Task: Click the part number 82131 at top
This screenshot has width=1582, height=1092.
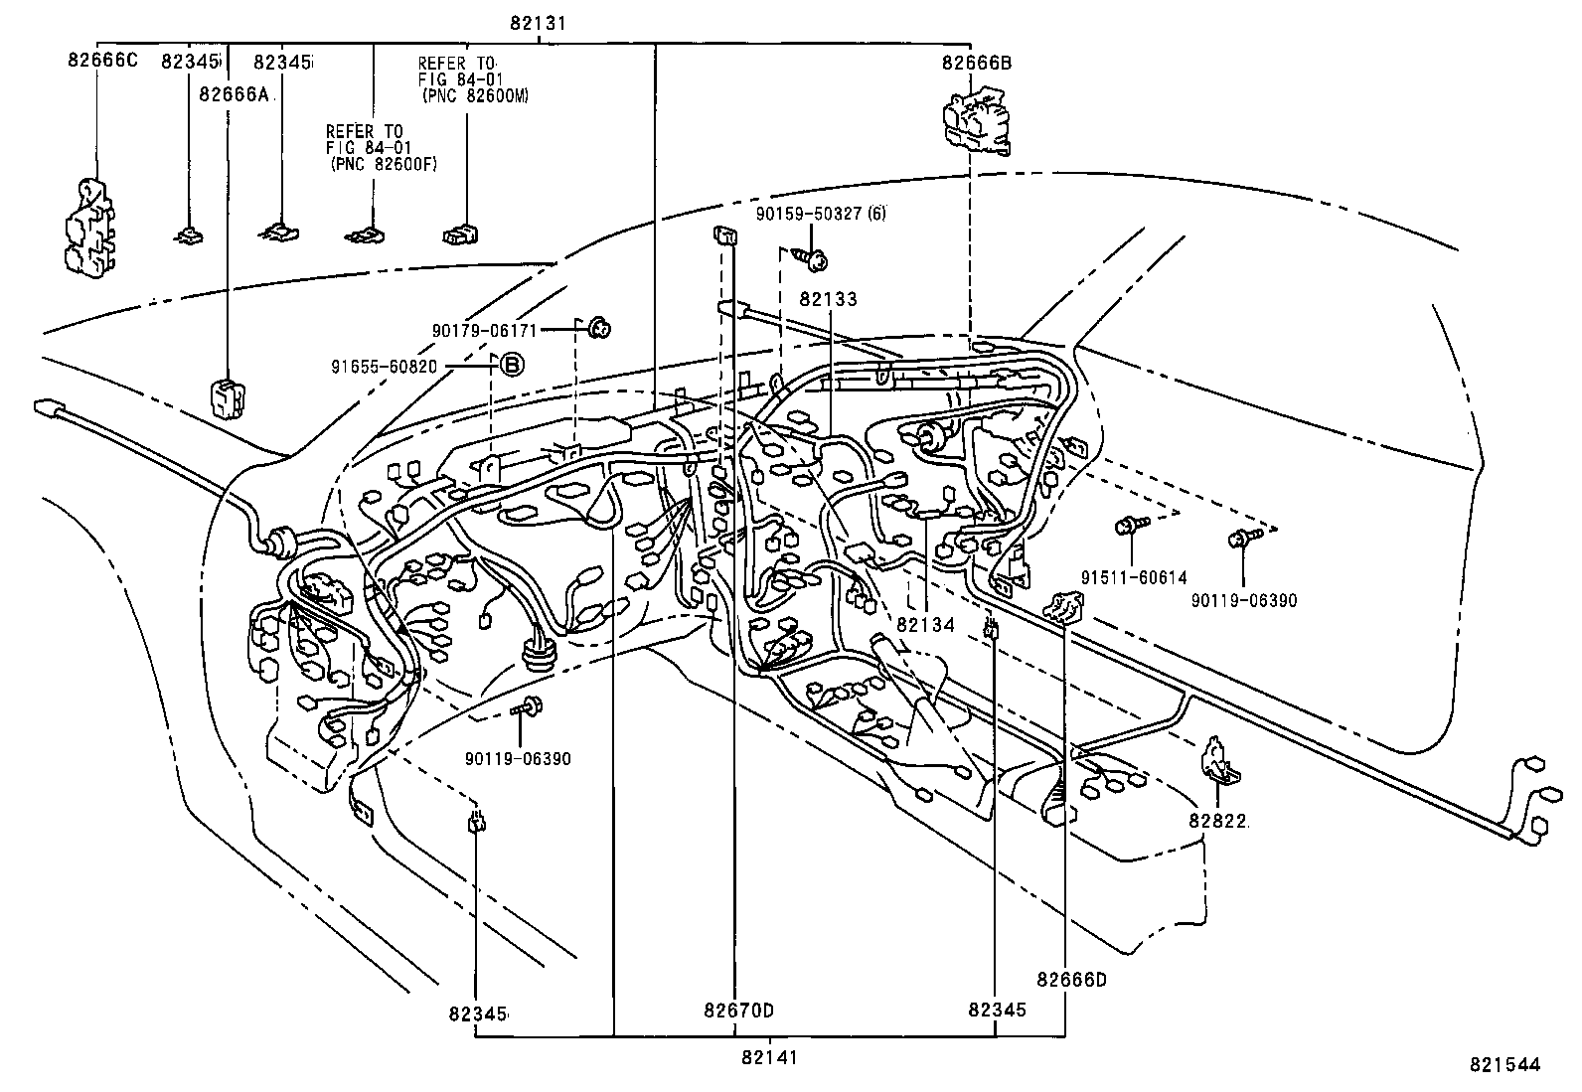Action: (538, 22)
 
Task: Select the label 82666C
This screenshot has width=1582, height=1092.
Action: (101, 62)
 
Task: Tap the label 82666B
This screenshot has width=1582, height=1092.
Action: (976, 64)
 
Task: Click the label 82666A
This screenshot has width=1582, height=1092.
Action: (234, 95)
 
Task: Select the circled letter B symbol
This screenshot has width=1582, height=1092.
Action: (510, 366)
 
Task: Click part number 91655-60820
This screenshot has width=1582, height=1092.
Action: (384, 366)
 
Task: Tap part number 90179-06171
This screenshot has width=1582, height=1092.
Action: (484, 329)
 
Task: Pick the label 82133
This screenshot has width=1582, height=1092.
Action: (828, 299)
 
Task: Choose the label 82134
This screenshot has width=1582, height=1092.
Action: (925, 625)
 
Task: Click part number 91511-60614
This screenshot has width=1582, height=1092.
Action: (1134, 578)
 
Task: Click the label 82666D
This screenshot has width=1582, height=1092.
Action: (1070, 981)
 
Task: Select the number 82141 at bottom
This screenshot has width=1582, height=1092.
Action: (769, 1058)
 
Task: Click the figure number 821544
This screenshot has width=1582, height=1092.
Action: (1504, 1065)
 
